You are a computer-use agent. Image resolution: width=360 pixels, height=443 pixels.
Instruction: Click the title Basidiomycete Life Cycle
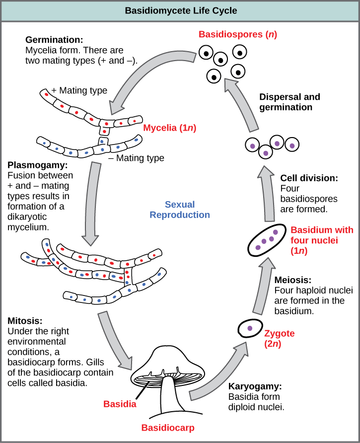pos(180,10)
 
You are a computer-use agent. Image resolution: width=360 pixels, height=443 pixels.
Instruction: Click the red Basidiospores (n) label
pos(230,35)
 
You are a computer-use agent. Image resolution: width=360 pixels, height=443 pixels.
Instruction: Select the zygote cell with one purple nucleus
pos(250,328)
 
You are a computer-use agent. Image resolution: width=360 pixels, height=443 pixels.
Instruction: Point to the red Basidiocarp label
pos(168,427)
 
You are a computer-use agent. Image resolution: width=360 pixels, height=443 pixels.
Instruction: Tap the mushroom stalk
pos(169,397)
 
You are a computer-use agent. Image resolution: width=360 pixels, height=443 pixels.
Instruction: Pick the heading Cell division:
pos(309,178)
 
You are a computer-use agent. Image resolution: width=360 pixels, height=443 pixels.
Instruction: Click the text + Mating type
pos(79,91)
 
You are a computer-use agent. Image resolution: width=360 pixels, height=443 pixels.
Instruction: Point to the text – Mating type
pos(136,158)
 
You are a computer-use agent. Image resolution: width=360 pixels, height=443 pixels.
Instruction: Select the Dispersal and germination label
pos(289,102)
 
